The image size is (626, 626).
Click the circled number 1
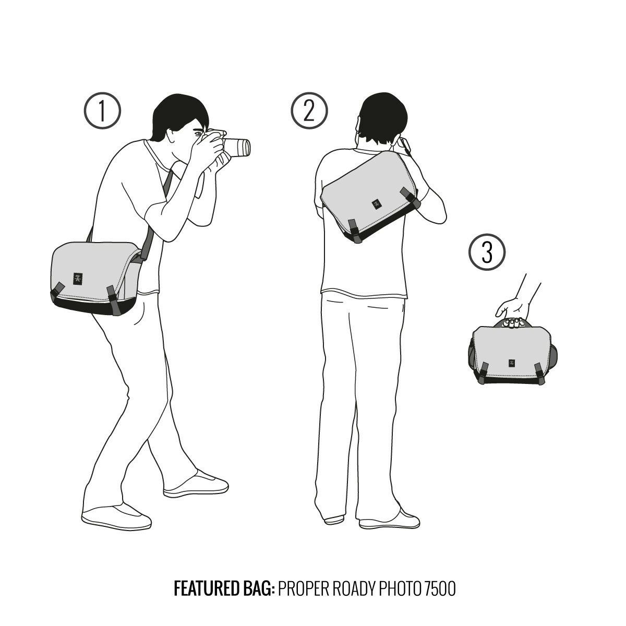point(102,111)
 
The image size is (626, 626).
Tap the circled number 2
point(309,111)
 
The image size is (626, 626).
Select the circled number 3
point(487,252)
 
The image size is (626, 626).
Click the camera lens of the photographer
point(237,148)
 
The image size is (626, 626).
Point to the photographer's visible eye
point(198,133)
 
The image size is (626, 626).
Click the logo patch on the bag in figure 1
point(78,279)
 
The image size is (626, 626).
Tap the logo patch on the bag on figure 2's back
point(377,204)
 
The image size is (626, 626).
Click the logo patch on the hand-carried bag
point(511,363)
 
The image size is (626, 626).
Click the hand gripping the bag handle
point(511,312)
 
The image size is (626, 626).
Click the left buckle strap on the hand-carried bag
point(483,373)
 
